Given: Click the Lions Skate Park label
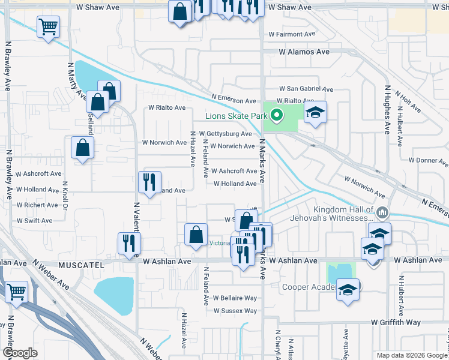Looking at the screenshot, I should click(236, 116).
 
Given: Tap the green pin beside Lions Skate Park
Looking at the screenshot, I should click(277, 115).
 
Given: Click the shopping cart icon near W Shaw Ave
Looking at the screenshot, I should click(48, 26).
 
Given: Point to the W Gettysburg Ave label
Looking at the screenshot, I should click(225, 134).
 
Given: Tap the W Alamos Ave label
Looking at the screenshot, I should click(304, 52).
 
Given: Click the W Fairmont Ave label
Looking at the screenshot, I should click(292, 35).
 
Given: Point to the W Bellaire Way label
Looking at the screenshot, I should click(235, 298).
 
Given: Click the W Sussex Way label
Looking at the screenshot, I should click(235, 311).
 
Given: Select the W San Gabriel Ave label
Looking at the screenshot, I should click(304, 88).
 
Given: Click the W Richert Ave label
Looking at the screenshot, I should click(37, 205).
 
